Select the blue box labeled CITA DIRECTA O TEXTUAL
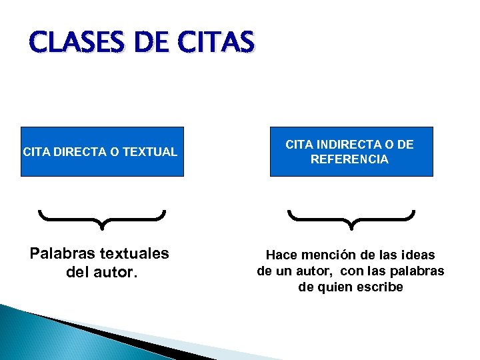pos(102,151)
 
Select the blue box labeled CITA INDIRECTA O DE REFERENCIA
pos(351,151)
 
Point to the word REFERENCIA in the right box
pos(349,159)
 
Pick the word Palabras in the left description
pos(62,254)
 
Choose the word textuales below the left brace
pos(134,254)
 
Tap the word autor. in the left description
pos(117,272)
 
